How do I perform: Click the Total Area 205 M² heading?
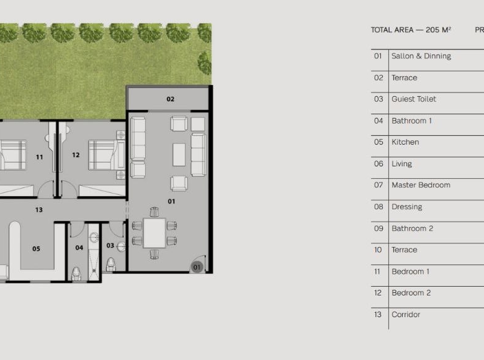[411, 30]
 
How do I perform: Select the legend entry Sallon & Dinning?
[421, 56]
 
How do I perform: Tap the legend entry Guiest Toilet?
[414, 99]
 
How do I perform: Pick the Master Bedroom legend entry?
[421, 185]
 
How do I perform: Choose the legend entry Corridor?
[406, 315]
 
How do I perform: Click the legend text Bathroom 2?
[412, 228]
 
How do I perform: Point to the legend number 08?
[379, 207]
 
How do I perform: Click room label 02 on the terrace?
[171, 99]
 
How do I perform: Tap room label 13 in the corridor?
[39, 210]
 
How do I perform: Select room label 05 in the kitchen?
[36, 249]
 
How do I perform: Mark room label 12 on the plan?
[76, 155]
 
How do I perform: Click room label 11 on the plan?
[40, 157]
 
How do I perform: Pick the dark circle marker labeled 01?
[197, 267]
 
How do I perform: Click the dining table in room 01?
[155, 233]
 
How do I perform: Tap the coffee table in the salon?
[179, 155]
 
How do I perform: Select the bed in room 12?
[107, 155]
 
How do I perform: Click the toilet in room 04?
[76, 274]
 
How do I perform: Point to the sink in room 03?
[121, 247]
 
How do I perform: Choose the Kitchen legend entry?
[405, 142]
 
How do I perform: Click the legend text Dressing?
[406, 207]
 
